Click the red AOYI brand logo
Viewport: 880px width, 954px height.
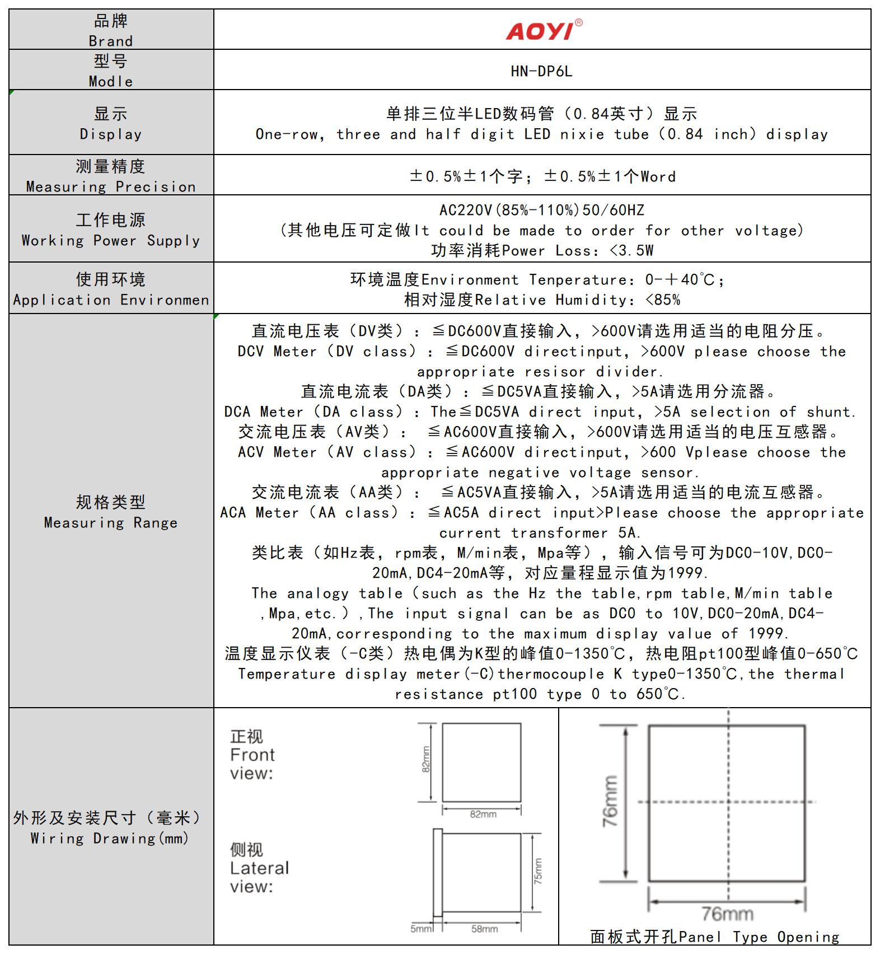[x=542, y=30]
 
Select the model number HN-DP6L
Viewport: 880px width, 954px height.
[x=541, y=72]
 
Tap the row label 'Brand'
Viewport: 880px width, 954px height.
[x=111, y=41]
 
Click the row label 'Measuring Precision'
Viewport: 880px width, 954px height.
[x=111, y=186]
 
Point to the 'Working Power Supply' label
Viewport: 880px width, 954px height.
[x=111, y=240]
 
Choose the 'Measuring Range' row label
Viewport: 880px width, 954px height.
[x=111, y=522]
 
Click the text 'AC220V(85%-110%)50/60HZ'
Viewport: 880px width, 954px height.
[x=541, y=211]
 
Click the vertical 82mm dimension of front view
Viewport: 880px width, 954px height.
[x=426, y=760]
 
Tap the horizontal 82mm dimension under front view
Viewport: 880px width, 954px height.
[x=483, y=814]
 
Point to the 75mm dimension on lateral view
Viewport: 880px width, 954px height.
[x=537, y=871]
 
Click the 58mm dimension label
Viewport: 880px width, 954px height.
[x=484, y=929]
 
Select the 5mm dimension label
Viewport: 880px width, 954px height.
[x=421, y=929]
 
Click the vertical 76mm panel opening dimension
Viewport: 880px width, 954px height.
[x=610, y=801]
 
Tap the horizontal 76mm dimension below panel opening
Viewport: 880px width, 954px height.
[x=727, y=914]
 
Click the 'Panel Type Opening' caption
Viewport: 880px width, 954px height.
[x=714, y=937]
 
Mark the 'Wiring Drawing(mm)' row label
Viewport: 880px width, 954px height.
[x=110, y=838]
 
